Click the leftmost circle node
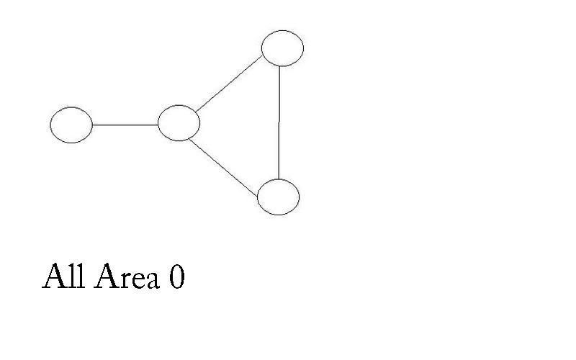click(71, 125)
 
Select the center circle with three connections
click(179, 123)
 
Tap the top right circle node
click(282, 48)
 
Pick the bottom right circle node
click(279, 197)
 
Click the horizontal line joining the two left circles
click(125, 125)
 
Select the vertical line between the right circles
click(279, 122)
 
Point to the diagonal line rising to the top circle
click(228, 84)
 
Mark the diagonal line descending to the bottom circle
click(223, 168)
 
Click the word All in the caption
click(64, 276)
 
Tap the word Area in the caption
click(127, 276)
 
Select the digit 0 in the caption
click(176, 276)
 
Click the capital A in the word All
click(55, 276)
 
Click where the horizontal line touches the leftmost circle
click(93, 125)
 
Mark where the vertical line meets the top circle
click(279, 66)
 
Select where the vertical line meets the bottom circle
click(279, 179)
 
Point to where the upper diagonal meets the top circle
click(262, 56)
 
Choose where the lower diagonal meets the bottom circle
click(258, 196)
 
